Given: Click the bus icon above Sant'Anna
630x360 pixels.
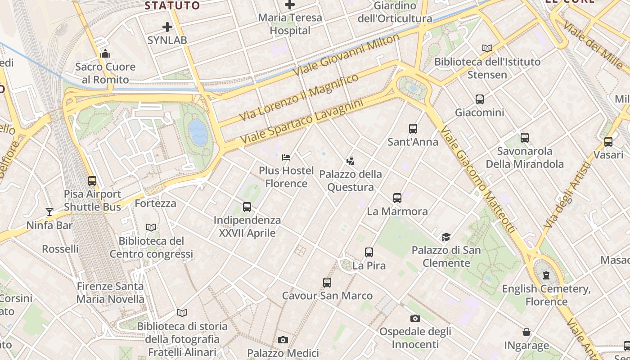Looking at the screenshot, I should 413,129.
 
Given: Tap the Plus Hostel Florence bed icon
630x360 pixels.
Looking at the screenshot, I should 286,157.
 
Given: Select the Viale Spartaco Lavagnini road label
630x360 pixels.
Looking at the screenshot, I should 301,122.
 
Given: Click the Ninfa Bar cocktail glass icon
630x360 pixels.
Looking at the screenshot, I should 49,212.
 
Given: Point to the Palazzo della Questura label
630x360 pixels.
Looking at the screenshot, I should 351,180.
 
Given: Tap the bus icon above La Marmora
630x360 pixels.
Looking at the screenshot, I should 397,198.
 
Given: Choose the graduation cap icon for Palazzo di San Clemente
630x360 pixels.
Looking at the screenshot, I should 446,237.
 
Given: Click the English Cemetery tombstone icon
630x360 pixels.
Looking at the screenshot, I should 546,275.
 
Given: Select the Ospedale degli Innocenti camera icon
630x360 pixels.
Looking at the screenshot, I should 415,319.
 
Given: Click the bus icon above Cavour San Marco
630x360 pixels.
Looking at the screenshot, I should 327,283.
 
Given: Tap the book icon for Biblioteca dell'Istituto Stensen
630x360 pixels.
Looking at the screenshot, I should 487,48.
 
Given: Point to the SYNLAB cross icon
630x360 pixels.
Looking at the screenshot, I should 167,27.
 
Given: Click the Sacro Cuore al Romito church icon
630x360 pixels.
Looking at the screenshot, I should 105,54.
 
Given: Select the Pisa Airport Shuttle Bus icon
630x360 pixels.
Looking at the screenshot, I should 92,181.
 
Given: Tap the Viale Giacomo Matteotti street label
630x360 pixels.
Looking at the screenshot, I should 477,180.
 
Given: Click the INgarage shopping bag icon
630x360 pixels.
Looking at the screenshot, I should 526,333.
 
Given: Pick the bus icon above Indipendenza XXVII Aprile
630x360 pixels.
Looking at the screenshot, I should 247,207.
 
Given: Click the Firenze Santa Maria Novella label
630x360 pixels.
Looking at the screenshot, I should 110,292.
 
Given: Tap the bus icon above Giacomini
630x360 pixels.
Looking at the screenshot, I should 480,99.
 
